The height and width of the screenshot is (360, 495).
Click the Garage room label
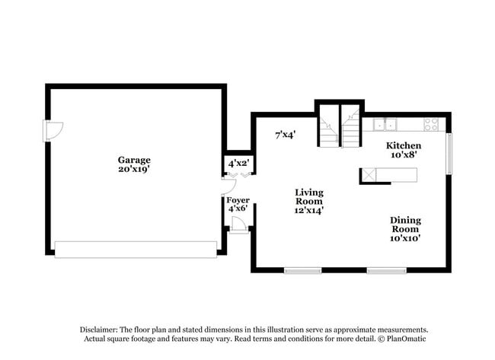(133, 160)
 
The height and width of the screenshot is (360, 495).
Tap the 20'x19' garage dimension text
(133, 170)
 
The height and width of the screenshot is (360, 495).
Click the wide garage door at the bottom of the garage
(136, 250)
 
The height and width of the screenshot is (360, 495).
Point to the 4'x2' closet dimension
(238, 163)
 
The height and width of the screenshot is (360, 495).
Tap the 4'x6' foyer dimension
(238, 209)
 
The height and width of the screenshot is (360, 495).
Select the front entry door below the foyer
(238, 226)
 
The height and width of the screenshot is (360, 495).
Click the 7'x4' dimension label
(285, 135)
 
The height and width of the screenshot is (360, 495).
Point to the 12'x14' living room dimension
(310, 211)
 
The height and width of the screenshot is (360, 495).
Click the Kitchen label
(404, 145)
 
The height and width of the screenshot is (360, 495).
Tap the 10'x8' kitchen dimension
(404, 155)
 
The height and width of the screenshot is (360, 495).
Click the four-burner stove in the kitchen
(431, 124)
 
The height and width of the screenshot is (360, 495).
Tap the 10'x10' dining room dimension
(406, 238)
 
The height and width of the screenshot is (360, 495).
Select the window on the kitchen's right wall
(449, 153)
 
